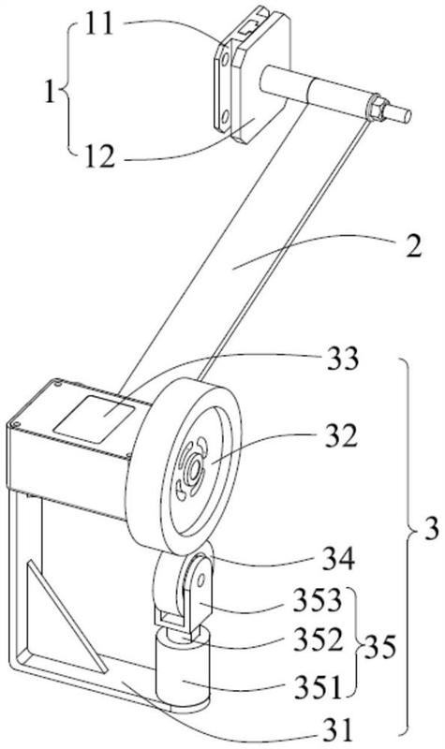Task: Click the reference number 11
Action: tap(99, 24)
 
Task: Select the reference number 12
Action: tap(100, 157)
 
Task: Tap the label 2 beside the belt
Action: tap(413, 247)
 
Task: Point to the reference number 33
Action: tap(342, 360)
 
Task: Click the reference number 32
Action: tap(341, 436)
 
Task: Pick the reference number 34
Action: tap(338, 559)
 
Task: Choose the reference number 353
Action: tap(319, 601)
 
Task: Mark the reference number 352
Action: tap(319, 640)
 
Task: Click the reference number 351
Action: tap(318, 688)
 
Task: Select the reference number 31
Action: tap(336, 731)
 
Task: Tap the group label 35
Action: tap(380, 648)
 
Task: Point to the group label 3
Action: tap(431, 529)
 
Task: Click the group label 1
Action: tap(50, 92)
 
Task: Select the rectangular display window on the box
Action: tap(95, 418)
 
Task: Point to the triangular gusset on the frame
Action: tap(67, 617)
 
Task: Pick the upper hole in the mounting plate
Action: tap(224, 59)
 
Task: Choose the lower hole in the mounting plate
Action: tap(225, 114)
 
